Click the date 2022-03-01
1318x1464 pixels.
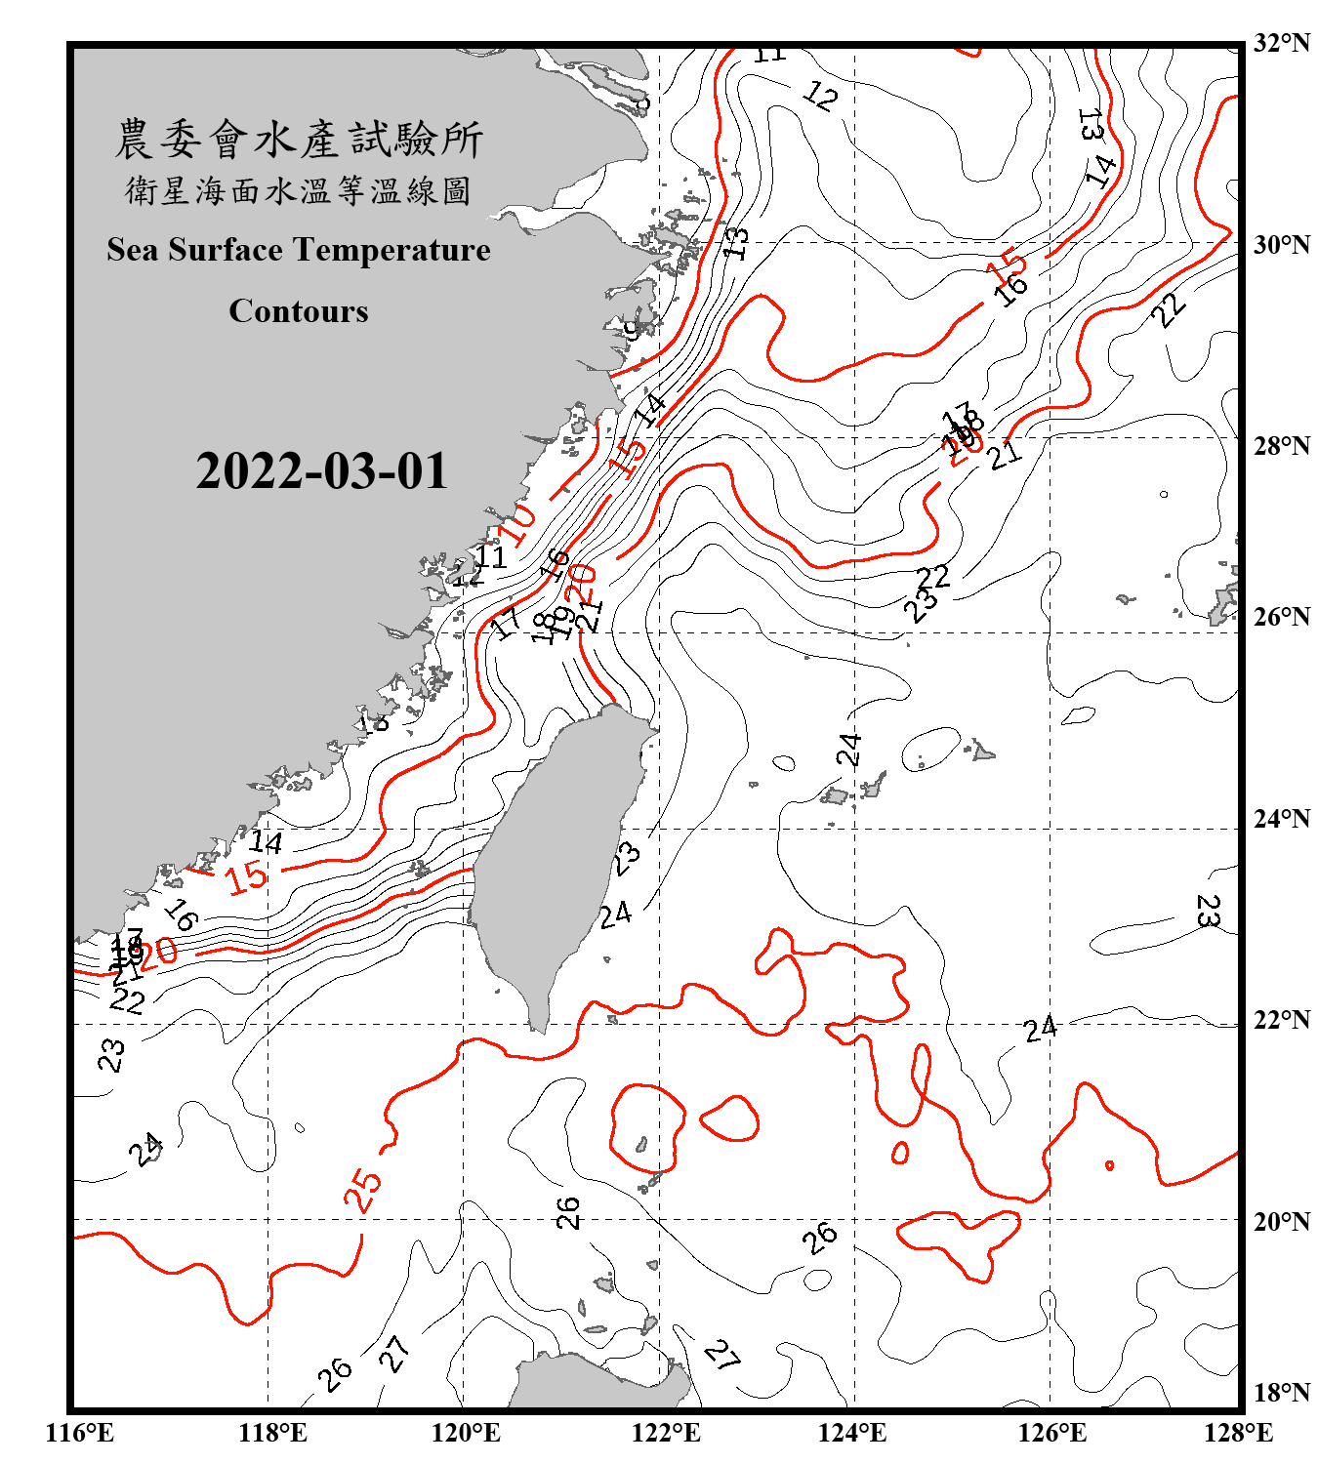[321, 471]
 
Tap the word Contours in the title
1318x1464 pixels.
[299, 311]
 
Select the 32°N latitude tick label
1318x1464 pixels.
[1281, 43]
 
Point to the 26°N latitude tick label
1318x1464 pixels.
[1281, 617]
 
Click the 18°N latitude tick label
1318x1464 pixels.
[1281, 1393]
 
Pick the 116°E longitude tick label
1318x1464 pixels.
[80, 1433]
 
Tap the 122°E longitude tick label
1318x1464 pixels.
[666, 1433]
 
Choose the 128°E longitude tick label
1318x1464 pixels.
[1238, 1433]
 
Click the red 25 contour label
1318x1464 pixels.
[363, 1190]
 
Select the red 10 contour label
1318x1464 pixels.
[518, 524]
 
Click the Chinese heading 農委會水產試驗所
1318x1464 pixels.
[299, 139]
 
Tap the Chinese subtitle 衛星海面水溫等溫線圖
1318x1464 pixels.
[299, 190]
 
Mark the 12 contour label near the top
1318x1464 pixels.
[820, 96]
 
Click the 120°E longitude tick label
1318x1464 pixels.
[467, 1433]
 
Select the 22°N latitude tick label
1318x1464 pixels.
[1281, 1020]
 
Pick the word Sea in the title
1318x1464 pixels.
[133, 250]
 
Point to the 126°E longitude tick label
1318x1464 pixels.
[1052, 1433]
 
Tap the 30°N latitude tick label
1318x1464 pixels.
[1281, 244]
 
